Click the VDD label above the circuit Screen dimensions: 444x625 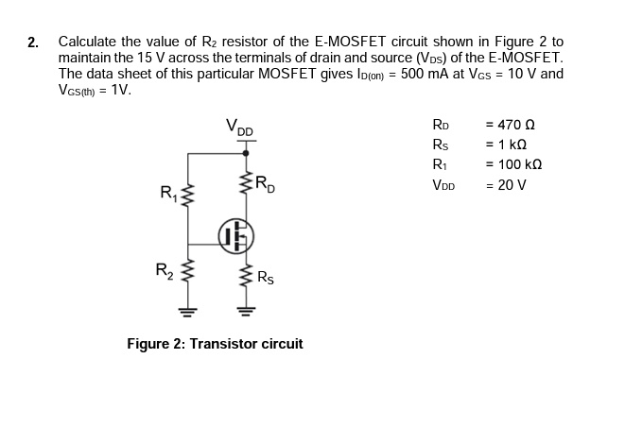(239, 127)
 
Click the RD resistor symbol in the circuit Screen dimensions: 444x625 (247, 184)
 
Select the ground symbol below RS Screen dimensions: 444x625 (247, 309)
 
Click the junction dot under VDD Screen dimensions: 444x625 (247, 150)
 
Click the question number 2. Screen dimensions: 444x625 (33, 43)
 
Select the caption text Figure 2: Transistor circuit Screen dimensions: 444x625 (215, 344)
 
